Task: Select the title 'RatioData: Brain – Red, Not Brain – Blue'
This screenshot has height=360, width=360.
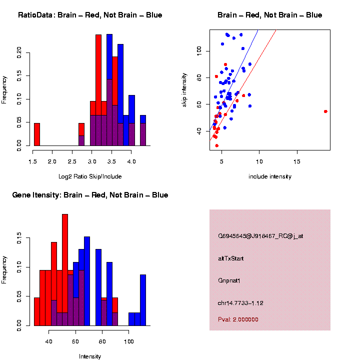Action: (x=90, y=15)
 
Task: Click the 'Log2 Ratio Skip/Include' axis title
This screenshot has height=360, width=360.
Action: (x=90, y=176)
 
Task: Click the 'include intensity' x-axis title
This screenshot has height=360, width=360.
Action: (x=270, y=176)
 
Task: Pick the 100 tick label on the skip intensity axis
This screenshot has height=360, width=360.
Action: (x=199, y=50)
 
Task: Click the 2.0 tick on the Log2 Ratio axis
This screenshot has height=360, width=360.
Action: (x=52, y=161)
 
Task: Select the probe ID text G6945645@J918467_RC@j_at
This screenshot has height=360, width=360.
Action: (x=260, y=236)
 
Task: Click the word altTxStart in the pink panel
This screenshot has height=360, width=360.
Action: (x=231, y=258)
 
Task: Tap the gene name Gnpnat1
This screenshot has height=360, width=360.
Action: (x=229, y=280)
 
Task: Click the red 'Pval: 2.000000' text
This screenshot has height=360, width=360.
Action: (x=238, y=319)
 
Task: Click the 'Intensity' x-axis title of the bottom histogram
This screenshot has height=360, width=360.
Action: (x=90, y=356)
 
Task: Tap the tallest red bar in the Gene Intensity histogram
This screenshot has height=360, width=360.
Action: (x=65, y=270)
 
